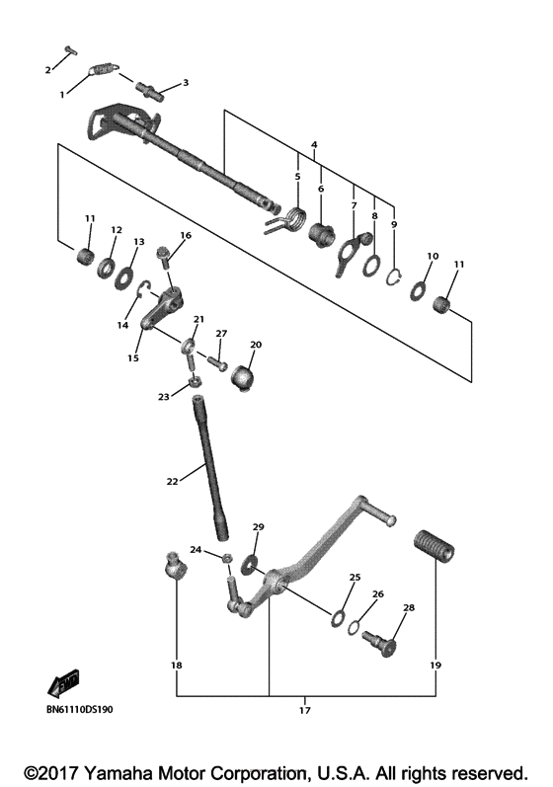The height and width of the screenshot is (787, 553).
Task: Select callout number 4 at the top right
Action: point(313,145)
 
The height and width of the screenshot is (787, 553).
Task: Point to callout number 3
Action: point(185,83)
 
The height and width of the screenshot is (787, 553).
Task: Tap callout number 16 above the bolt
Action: point(184,236)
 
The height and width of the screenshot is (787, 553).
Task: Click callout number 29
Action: point(259,527)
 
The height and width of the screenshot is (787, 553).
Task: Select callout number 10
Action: point(432,257)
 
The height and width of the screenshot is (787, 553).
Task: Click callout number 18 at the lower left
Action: point(176,666)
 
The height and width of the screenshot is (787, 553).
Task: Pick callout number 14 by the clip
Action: point(122,325)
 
